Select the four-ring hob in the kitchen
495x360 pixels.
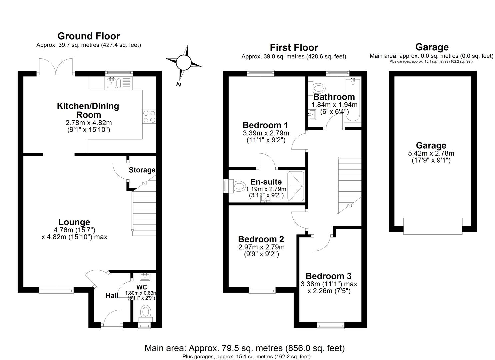point(149,117)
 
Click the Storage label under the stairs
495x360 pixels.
point(142,170)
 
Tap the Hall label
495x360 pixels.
point(112,296)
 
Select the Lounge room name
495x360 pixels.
point(74,222)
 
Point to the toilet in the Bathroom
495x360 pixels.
point(318,89)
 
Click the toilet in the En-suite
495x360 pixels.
point(238,186)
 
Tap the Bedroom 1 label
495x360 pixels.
point(265,125)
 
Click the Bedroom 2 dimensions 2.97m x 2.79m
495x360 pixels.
point(261,247)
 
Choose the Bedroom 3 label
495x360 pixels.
point(328,276)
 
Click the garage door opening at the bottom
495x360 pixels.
point(432,226)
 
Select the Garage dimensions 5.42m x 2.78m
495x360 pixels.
point(431,153)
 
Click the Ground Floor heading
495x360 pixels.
point(89,36)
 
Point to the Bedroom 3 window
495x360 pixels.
point(330,325)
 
